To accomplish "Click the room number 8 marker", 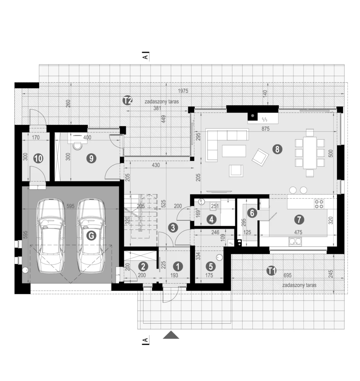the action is click(x=277, y=149).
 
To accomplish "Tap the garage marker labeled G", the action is click(x=91, y=236).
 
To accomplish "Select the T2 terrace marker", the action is click(x=127, y=100).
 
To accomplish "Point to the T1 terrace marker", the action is click(x=271, y=270).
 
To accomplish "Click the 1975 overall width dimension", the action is click(x=183, y=91).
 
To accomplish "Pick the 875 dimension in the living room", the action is click(x=266, y=128).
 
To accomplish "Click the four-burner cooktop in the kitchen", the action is click(x=319, y=204).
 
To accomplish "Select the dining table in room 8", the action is click(x=310, y=153).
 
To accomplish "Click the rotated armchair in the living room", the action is click(x=260, y=157).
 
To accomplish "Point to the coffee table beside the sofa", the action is click(x=234, y=151).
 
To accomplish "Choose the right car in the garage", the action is click(x=91, y=235).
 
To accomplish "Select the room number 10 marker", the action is click(x=38, y=159).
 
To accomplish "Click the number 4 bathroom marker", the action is click(x=211, y=220).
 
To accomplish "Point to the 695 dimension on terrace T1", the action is click(x=287, y=275).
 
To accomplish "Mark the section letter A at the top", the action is click(x=145, y=57).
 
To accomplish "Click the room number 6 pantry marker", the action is click(x=252, y=213).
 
